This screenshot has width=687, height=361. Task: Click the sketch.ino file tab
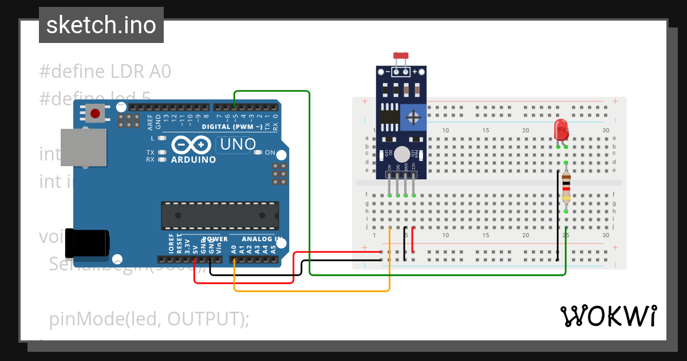(x=101, y=25)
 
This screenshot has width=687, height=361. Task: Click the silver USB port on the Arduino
(x=84, y=148)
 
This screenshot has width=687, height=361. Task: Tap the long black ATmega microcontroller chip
(x=220, y=215)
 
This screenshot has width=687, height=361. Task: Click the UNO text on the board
(x=238, y=144)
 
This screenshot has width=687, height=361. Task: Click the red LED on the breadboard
(x=561, y=130)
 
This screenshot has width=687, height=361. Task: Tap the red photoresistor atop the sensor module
(x=401, y=56)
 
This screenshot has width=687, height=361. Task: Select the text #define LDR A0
(x=105, y=72)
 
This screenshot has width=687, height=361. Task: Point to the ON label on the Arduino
(x=269, y=153)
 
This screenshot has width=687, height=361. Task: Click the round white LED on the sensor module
(x=402, y=154)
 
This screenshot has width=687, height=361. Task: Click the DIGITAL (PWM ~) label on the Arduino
(x=232, y=126)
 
